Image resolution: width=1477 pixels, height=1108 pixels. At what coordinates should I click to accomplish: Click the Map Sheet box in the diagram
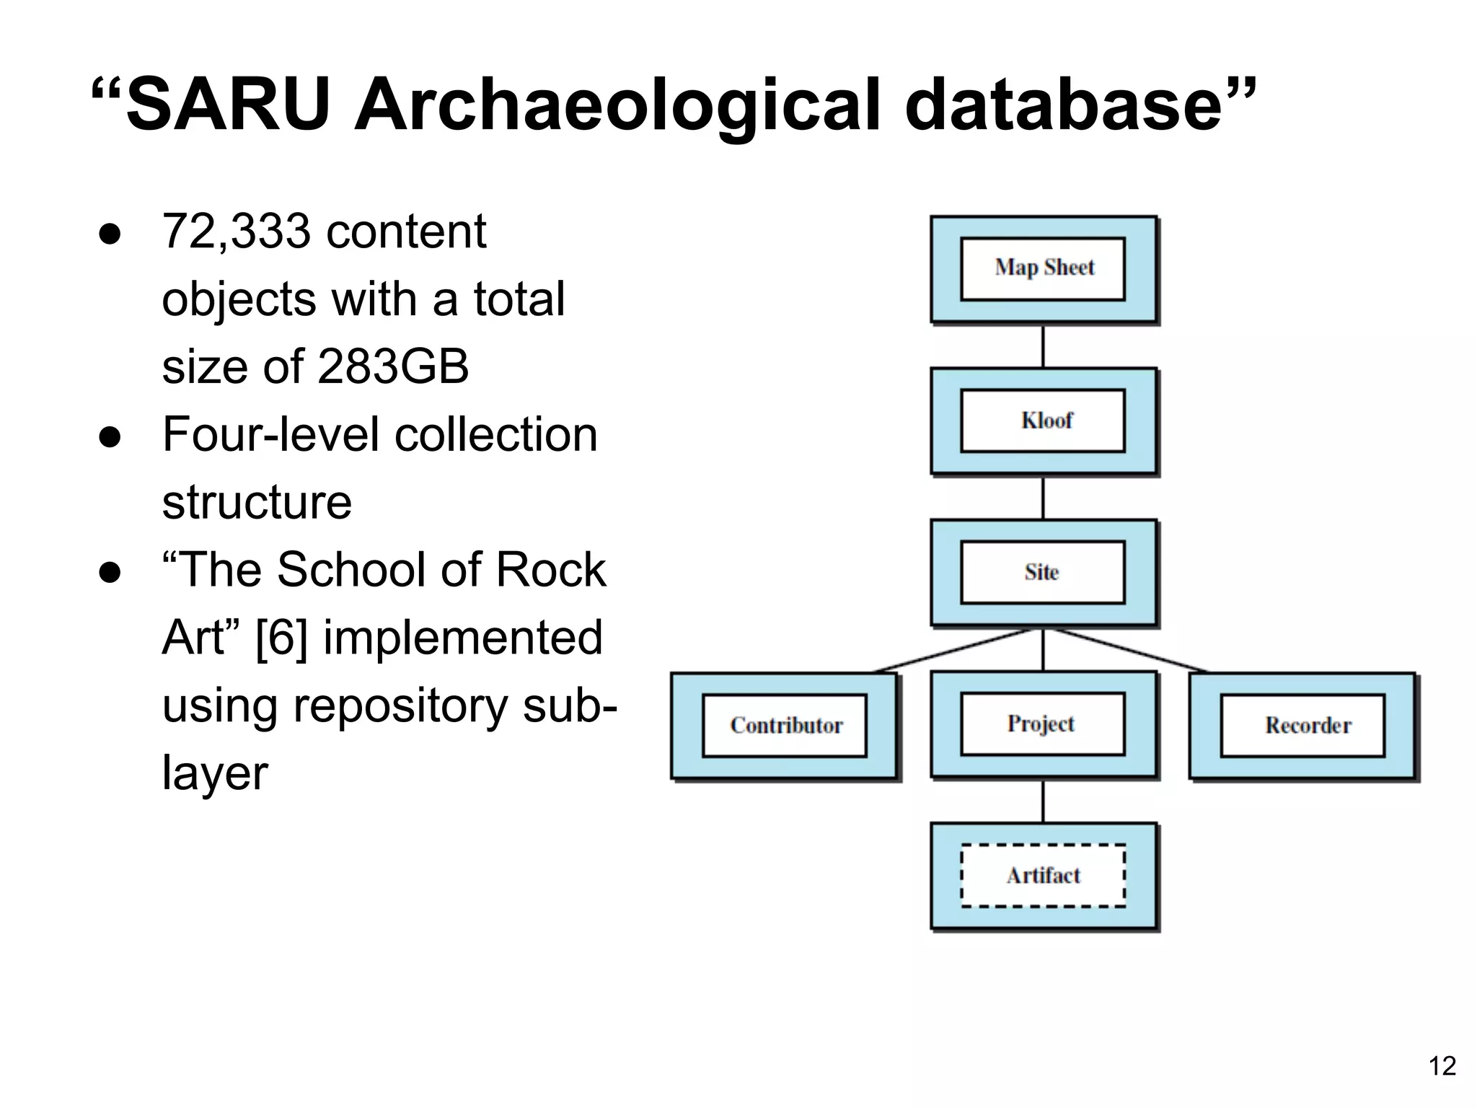coord(1044,268)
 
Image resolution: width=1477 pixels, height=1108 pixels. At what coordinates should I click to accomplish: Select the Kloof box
coord(1044,421)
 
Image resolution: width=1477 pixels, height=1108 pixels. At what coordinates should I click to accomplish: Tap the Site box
coord(1044,572)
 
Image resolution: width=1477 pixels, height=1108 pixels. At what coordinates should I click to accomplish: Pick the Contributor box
coord(785,725)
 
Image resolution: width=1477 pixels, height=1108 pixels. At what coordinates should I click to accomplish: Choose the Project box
coord(1044,724)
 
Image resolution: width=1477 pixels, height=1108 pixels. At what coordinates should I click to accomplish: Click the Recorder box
coord(1303,725)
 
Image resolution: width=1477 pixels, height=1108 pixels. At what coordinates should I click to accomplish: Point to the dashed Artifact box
coord(1044,875)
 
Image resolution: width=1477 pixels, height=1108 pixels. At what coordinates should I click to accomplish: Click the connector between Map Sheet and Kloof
coord(1044,346)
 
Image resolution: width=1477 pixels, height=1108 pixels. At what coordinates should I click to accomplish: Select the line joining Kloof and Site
coord(1044,498)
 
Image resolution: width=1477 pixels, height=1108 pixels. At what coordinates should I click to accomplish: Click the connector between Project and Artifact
coord(1044,801)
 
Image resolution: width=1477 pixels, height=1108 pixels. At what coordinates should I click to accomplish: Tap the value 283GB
coord(393,366)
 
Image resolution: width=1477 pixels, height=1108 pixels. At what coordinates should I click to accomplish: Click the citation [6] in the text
coord(282,638)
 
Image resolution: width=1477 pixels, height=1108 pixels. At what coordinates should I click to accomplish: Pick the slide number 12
coord(1442,1066)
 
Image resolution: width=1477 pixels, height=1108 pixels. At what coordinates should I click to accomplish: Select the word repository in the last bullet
coord(400,705)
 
